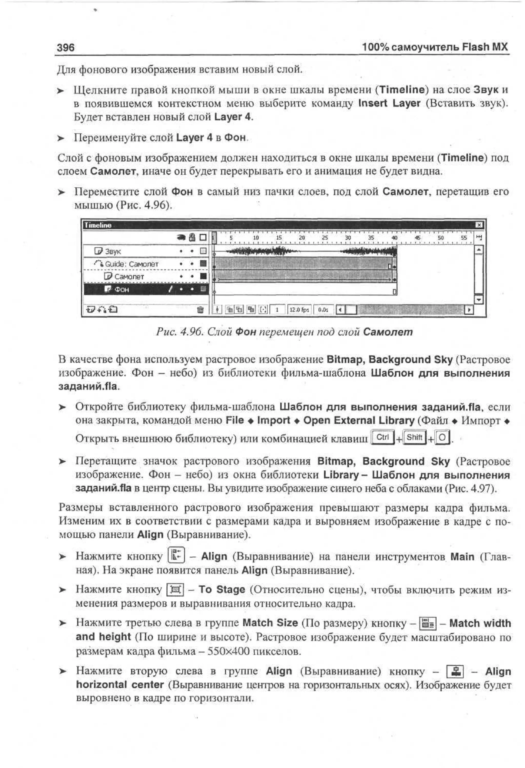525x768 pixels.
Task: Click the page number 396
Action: (x=66, y=48)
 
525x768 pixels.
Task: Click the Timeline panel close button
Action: (x=479, y=225)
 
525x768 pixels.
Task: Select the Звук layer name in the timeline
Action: (x=113, y=251)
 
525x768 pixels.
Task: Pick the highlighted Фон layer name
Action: (x=122, y=289)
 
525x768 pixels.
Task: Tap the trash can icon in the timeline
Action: (x=200, y=310)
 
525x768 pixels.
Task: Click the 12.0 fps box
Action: (x=299, y=310)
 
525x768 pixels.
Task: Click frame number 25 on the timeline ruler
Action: (x=325, y=237)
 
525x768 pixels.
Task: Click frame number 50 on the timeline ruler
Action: (x=441, y=237)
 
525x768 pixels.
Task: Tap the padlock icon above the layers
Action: (x=192, y=237)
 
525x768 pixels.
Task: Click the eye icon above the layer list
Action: (x=181, y=237)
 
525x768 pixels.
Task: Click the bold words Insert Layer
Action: (x=389, y=103)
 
